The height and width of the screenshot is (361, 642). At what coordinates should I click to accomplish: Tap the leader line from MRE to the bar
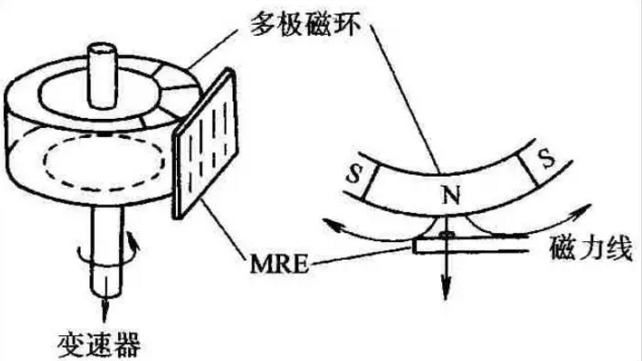[350, 249]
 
